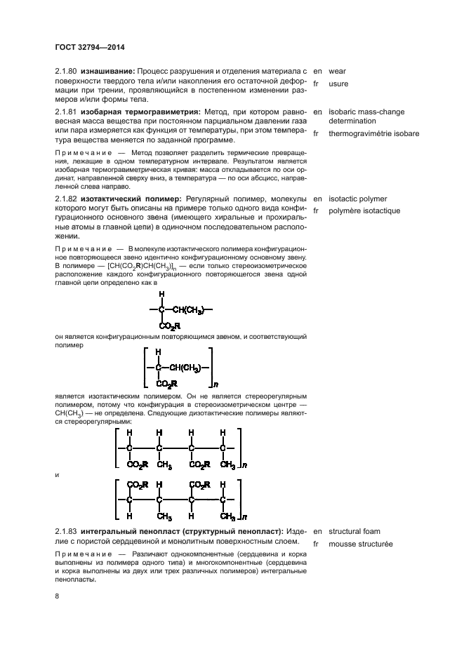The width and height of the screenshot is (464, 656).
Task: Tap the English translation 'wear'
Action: tap(338, 71)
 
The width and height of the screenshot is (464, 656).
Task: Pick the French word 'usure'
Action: tap(338, 83)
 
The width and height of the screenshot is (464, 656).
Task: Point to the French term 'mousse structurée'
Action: tap(361, 544)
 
